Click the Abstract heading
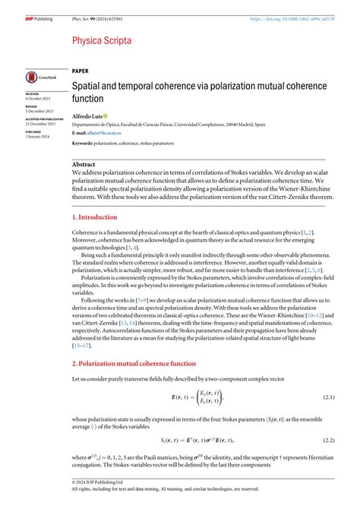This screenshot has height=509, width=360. pos(84,164)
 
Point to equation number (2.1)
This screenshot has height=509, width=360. pos(328,397)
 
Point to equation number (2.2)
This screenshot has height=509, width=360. pos(328,440)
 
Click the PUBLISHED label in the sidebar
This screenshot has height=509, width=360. pos(34,131)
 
